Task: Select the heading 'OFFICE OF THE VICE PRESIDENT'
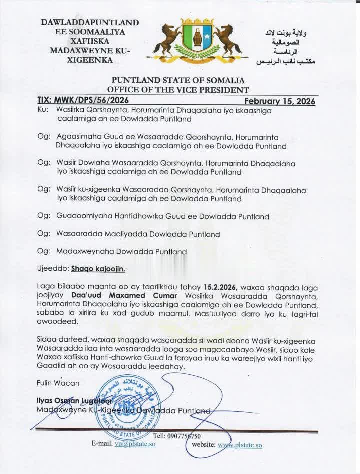coord(178,90)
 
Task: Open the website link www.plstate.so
coord(240,444)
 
